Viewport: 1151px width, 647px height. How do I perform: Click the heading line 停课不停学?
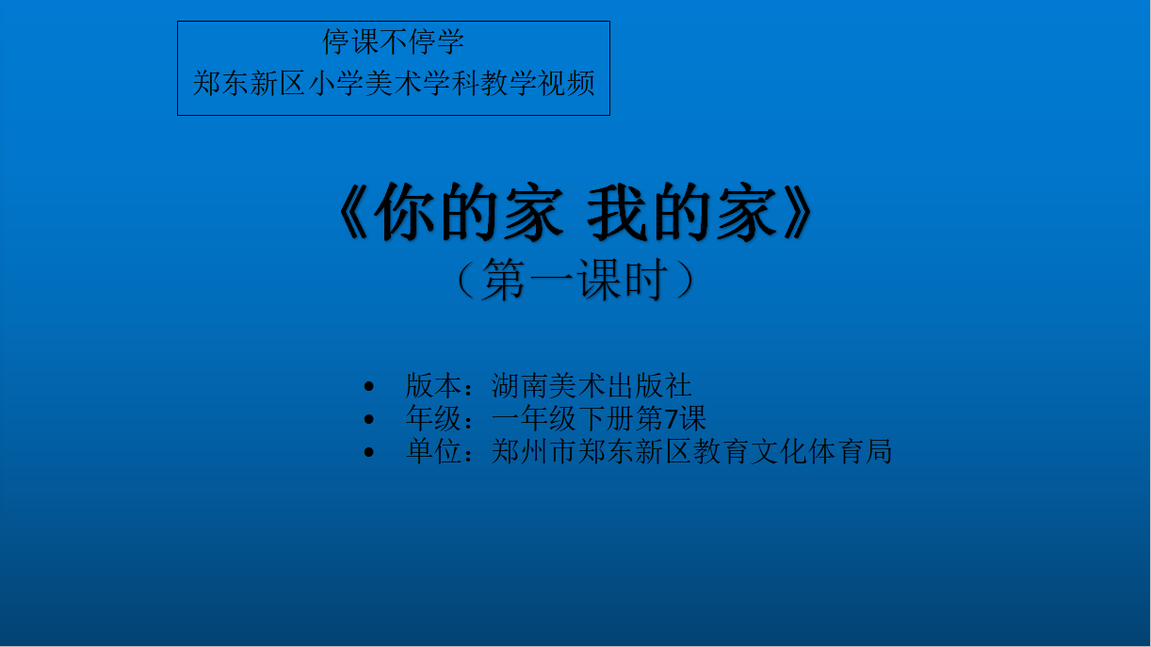tap(393, 41)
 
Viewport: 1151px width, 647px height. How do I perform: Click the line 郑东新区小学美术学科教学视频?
tap(394, 83)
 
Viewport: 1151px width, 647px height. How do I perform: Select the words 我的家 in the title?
tap(682, 212)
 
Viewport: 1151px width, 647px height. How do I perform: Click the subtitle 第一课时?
tap(575, 279)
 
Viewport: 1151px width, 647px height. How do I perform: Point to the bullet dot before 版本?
tap(368, 386)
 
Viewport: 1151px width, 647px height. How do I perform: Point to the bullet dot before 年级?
tap(368, 419)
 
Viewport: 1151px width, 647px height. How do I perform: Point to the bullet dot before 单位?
tap(368, 452)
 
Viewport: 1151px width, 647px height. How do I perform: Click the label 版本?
tap(433, 385)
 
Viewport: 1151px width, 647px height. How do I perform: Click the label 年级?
tap(433, 418)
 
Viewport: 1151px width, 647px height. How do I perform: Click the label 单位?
tap(433, 451)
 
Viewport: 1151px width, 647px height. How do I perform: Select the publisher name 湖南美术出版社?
tap(592, 385)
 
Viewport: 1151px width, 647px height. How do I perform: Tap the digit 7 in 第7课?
tap(671, 418)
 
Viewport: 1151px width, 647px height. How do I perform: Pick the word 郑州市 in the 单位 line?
tap(534, 451)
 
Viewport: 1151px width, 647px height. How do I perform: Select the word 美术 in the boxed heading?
tap(394, 83)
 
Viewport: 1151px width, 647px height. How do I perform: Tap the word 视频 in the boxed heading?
tap(566, 83)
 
